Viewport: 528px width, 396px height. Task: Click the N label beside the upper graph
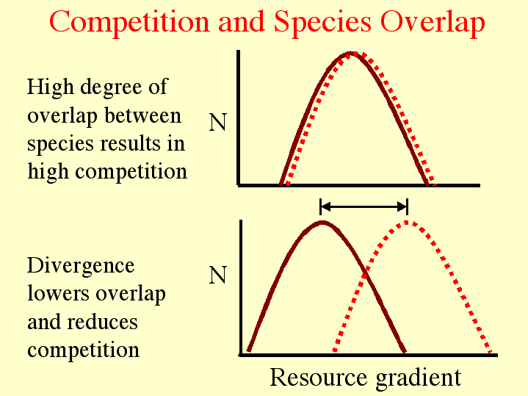[x=218, y=122]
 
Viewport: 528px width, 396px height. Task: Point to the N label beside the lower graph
[x=218, y=275]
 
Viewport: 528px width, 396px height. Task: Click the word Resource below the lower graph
[x=318, y=377]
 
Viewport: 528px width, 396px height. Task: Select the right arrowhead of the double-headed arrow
[x=402, y=206]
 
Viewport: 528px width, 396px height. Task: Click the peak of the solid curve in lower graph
[x=322, y=223]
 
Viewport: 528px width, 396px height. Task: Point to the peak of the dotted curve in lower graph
[x=406, y=223]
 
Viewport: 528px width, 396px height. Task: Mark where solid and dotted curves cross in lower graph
[x=365, y=276]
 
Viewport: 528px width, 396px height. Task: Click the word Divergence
[x=81, y=267]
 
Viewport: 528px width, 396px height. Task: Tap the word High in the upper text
[x=51, y=87]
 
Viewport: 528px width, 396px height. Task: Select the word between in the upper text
[x=142, y=115]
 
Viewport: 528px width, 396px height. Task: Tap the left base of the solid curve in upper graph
[x=281, y=184]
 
